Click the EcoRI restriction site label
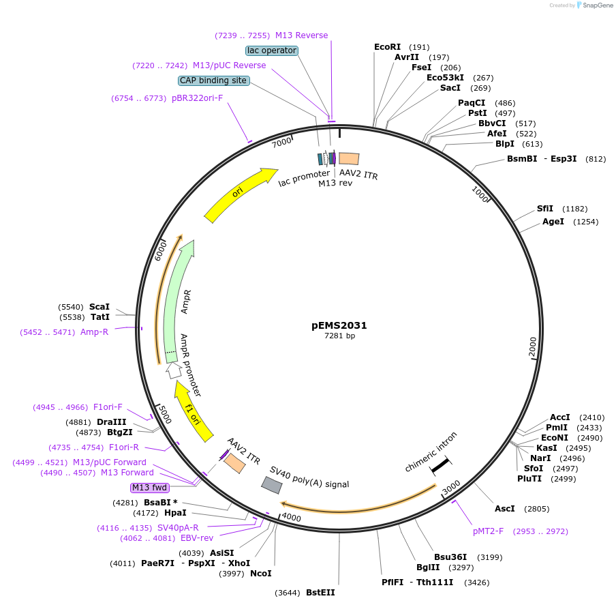point(388,47)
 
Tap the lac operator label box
point(271,50)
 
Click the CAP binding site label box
point(213,80)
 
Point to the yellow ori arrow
point(239,195)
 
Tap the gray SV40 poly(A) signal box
point(272,485)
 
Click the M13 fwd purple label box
point(150,488)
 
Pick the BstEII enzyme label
point(320,593)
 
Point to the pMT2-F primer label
point(488,531)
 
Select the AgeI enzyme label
point(553,222)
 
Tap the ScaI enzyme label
point(99,307)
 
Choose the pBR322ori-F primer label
point(197,98)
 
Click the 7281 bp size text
point(339,336)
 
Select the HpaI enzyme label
point(175,513)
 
